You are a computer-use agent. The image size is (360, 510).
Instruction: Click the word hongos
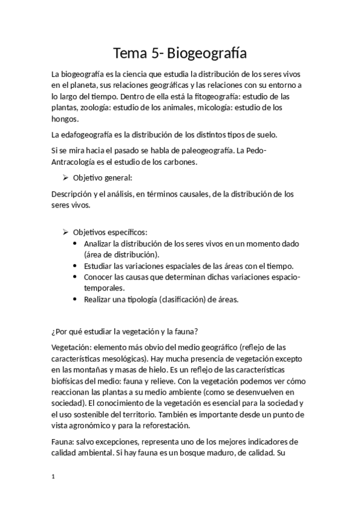tap(65, 119)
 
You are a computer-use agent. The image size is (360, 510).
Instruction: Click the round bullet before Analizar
tap(75, 243)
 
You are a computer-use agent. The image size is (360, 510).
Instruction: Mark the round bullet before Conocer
tap(75, 277)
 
